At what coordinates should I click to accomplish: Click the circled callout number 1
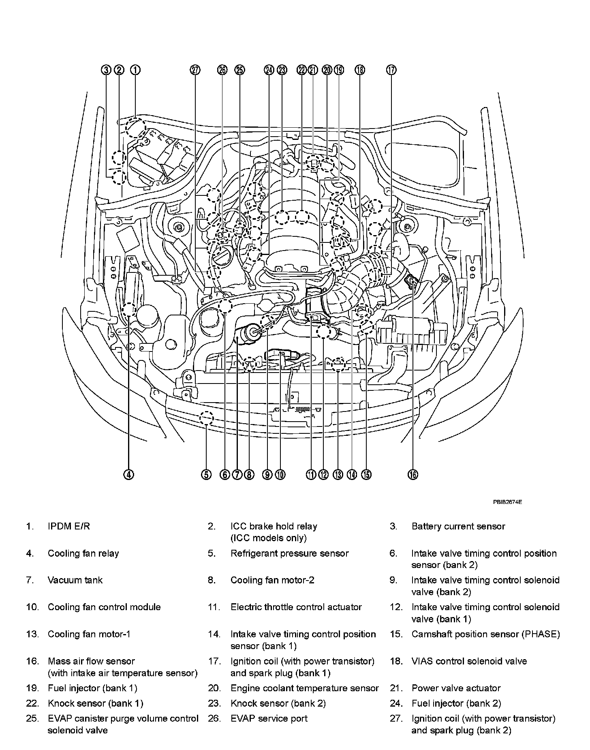tap(135, 70)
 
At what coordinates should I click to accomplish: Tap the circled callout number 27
tap(195, 70)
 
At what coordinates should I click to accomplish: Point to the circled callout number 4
tap(128, 474)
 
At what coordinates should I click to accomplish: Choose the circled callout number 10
tap(280, 474)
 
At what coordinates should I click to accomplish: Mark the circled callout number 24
tap(269, 70)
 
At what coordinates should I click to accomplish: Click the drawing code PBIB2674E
tap(507, 501)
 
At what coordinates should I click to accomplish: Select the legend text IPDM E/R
tap(68, 526)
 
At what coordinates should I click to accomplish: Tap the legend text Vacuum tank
tap(75, 580)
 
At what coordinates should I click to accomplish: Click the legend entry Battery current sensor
tap(458, 526)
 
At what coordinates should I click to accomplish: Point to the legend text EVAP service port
tap(269, 718)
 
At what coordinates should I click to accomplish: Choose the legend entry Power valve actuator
tap(456, 688)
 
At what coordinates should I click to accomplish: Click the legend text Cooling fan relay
tap(83, 553)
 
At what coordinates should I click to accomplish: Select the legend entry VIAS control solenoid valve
tap(469, 661)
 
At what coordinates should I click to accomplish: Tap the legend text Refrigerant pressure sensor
tap(289, 553)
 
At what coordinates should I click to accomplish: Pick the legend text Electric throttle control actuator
tap(296, 607)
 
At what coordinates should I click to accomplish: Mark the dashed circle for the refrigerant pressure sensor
tap(206, 417)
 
